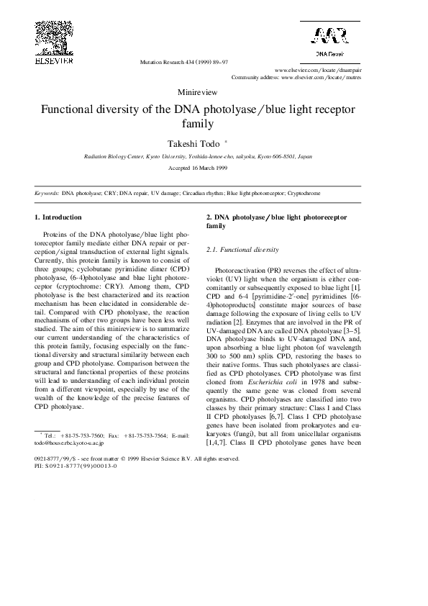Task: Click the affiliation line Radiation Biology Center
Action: [x=198, y=155]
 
